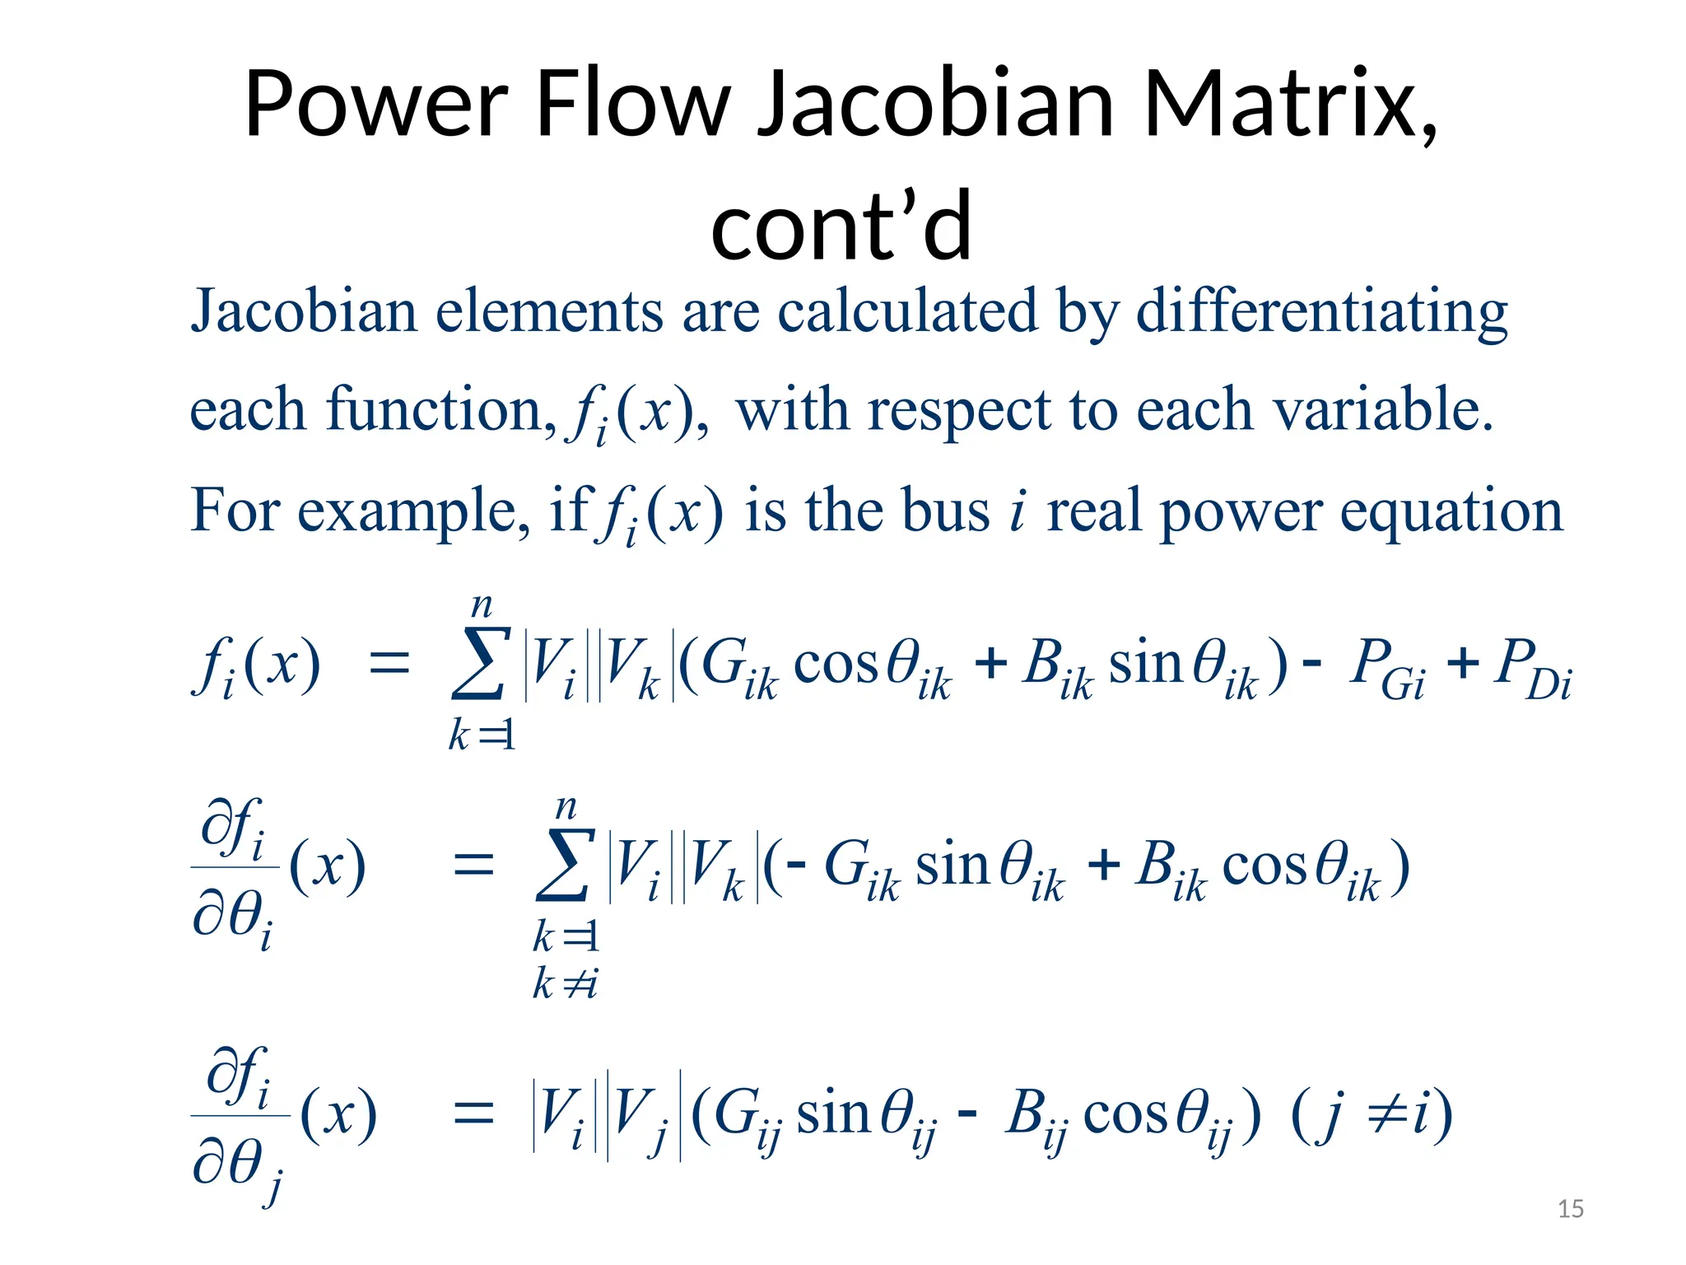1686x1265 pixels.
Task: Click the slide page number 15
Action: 1571,1209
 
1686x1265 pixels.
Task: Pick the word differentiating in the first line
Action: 1321,313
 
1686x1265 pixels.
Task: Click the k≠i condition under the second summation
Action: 565,983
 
